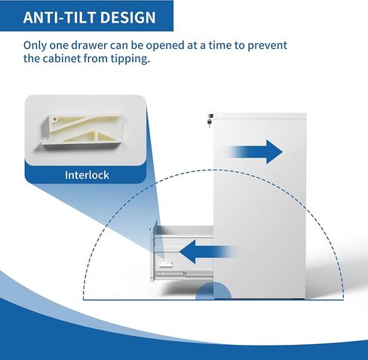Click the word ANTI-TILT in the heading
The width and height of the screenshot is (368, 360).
coord(59,17)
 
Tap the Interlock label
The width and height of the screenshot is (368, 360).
coord(87,175)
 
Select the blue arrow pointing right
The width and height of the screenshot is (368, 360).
coord(256,152)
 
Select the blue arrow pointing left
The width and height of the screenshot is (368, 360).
coord(207,251)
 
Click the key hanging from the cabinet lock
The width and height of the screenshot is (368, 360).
coord(209,123)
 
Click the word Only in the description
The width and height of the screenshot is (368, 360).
coord(35,45)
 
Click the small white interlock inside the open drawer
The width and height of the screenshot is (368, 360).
coord(166,263)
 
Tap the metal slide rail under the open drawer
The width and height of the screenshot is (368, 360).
coord(184,273)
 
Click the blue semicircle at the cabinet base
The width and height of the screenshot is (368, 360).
coord(213,291)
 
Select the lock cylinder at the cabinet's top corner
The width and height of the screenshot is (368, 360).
coord(211,115)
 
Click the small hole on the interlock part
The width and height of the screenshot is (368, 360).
coord(55,119)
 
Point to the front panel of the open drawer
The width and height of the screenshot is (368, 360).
coord(152,254)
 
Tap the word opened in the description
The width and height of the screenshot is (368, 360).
coord(166,46)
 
